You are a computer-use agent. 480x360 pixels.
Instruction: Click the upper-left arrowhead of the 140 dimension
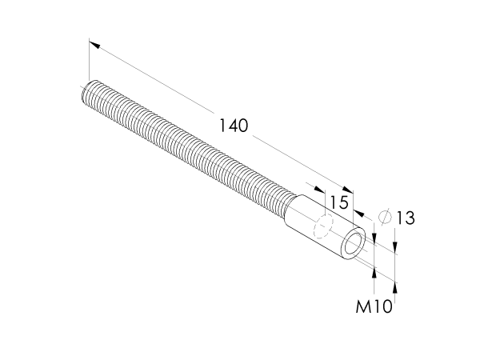(92, 45)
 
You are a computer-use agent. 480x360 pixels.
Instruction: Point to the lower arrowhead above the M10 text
(374, 273)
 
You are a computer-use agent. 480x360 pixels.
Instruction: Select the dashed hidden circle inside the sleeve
(324, 227)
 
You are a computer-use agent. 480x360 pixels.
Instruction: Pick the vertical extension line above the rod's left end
(87, 60)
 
